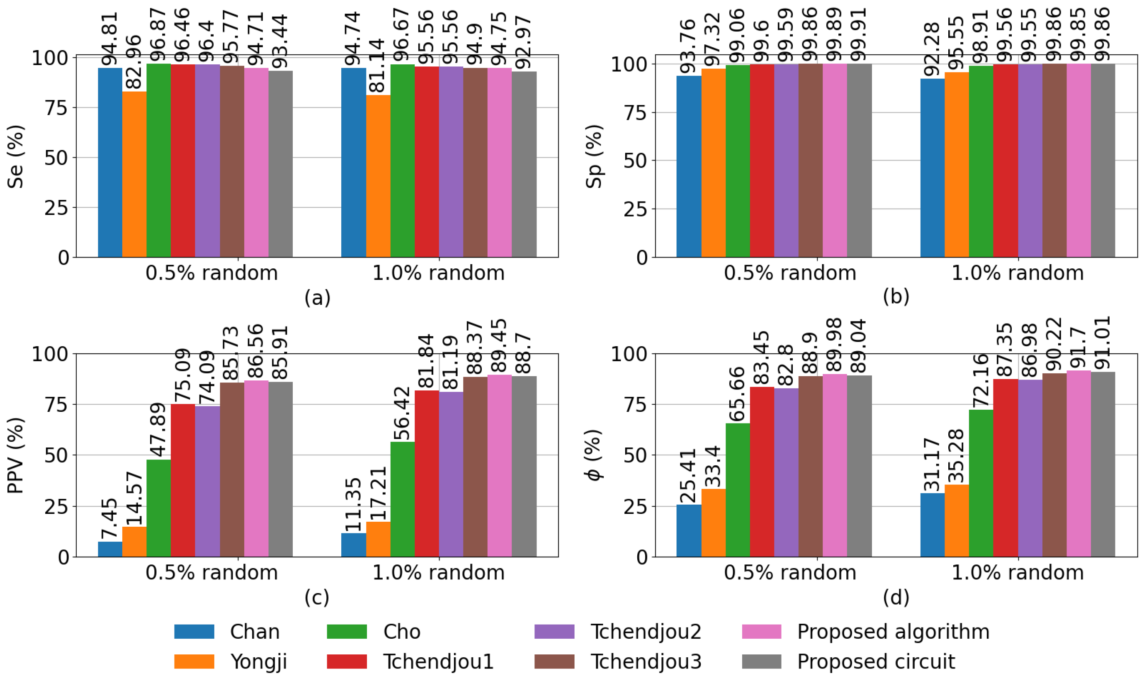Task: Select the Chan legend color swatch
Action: pyautogui.click(x=194, y=632)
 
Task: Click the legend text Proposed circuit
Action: pyautogui.click(x=876, y=661)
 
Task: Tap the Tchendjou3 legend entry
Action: pyautogui.click(x=645, y=661)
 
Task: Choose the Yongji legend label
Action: pyautogui.click(x=259, y=661)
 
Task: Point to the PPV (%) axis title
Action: pyautogui.click(x=16, y=455)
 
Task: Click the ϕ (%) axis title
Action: pyautogui.click(x=595, y=455)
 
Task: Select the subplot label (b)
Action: pyautogui.click(x=895, y=297)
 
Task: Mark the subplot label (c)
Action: pyautogui.click(x=317, y=597)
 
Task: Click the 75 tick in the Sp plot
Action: pyautogui.click(x=635, y=112)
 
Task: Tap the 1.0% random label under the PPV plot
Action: pyautogui.click(x=439, y=573)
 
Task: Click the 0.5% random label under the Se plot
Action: pyautogui.click(x=211, y=273)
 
